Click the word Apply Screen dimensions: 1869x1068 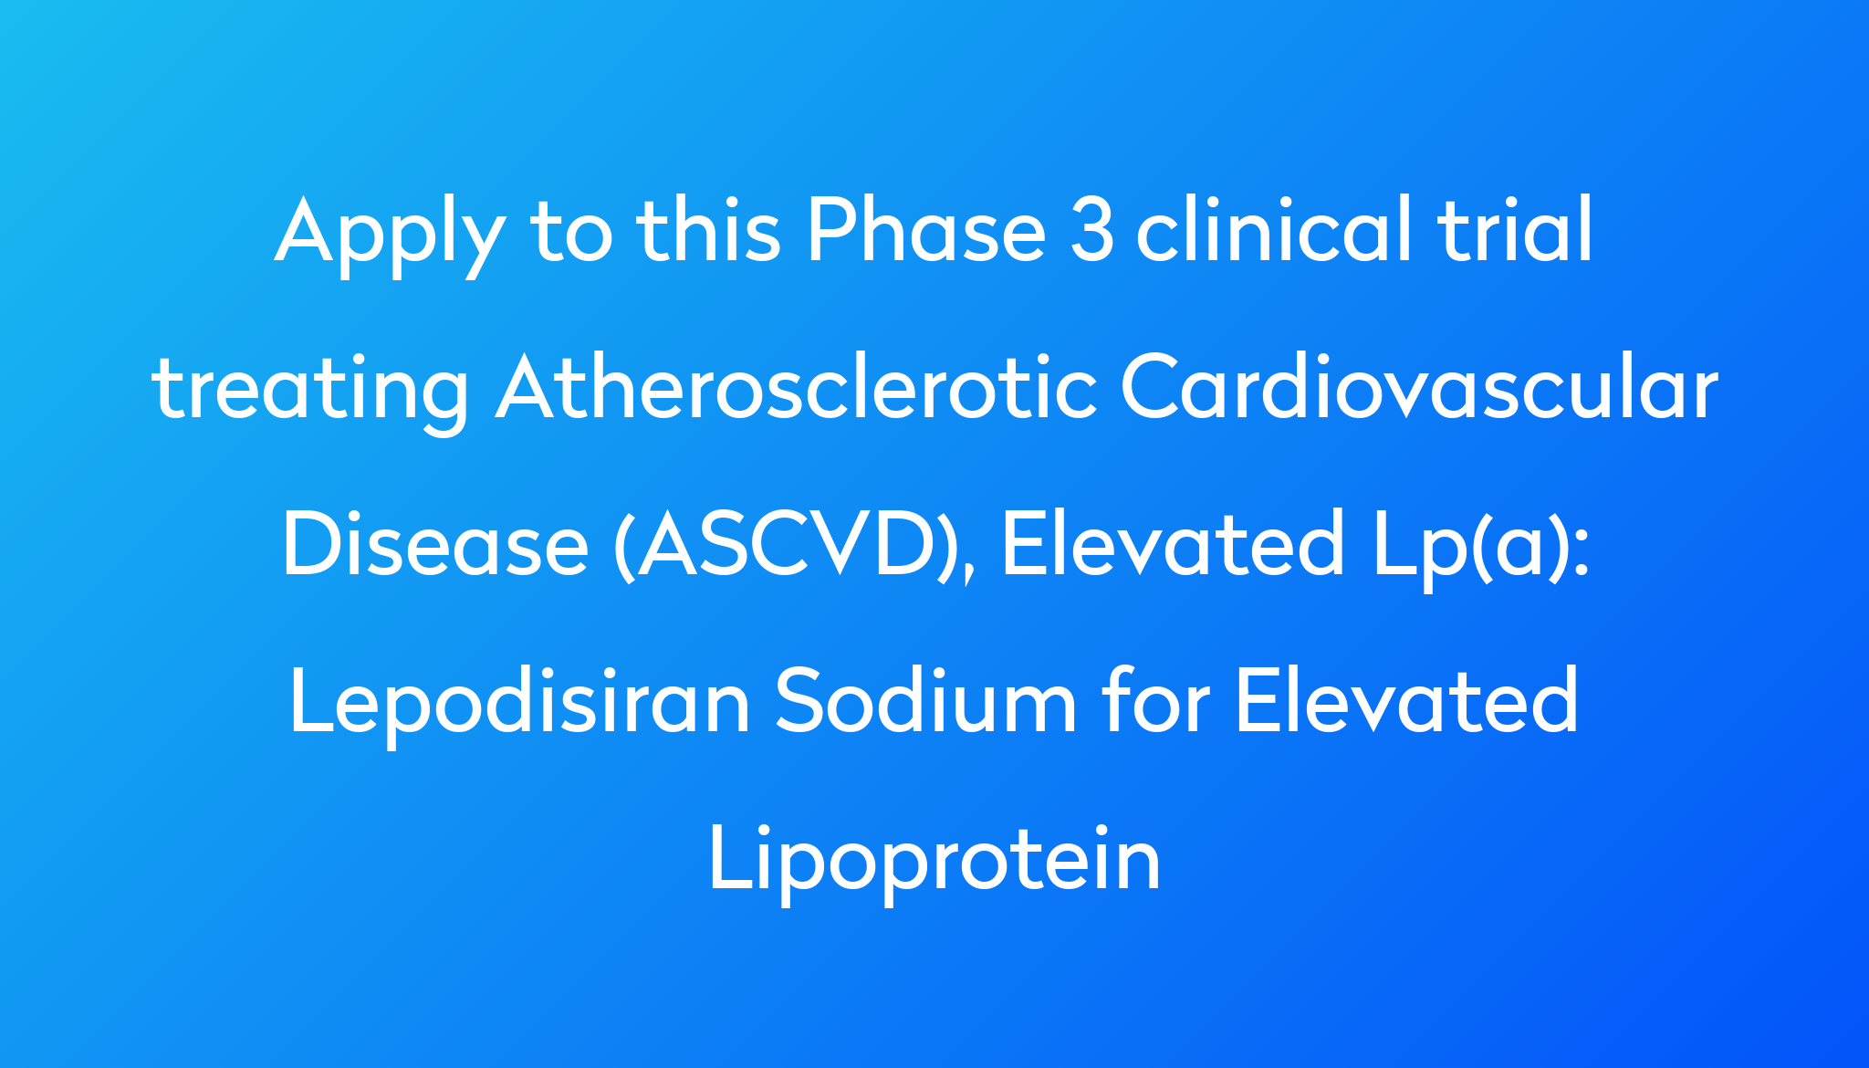coord(390,236)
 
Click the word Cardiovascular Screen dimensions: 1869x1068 coord(1419,386)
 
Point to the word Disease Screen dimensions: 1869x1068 coord(435,544)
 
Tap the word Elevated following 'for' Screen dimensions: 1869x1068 coord(1406,700)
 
